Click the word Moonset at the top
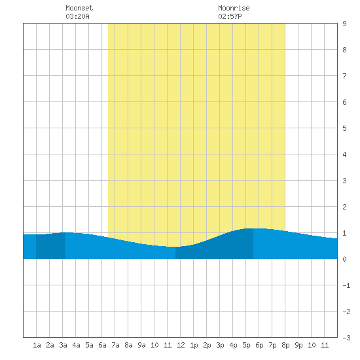pyautogui.click(x=79, y=8)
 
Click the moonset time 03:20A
pyautogui.click(x=77, y=16)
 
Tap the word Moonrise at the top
pyautogui.click(x=234, y=8)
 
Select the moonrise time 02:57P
pyautogui.click(x=230, y=16)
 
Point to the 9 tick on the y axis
pyautogui.click(x=344, y=24)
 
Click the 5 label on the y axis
pyautogui.click(x=344, y=128)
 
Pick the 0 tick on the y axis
pyautogui.click(x=344, y=259)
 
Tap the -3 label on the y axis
pyautogui.click(x=346, y=338)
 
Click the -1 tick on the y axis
pyautogui.click(x=346, y=285)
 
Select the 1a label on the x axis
pyautogui.click(x=37, y=345)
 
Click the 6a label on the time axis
pyautogui.click(x=102, y=345)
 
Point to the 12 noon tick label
pyautogui.click(x=181, y=345)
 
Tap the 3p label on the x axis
pyautogui.click(x=220, y=345)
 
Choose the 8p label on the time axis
pyautogui.click(x=285, y=345)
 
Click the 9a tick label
pyautogui.click(x=141, y=345)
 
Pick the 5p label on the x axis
pyautogui.click(x=246, y=345)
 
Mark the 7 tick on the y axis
pyautogui.click(x=344, y=76)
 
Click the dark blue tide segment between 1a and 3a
pyautogui.click(x=51, y=246)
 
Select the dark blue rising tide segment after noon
pyautogui.click(x=215, y=248)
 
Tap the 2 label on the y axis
pyautogui.click(x=344, y=207)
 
